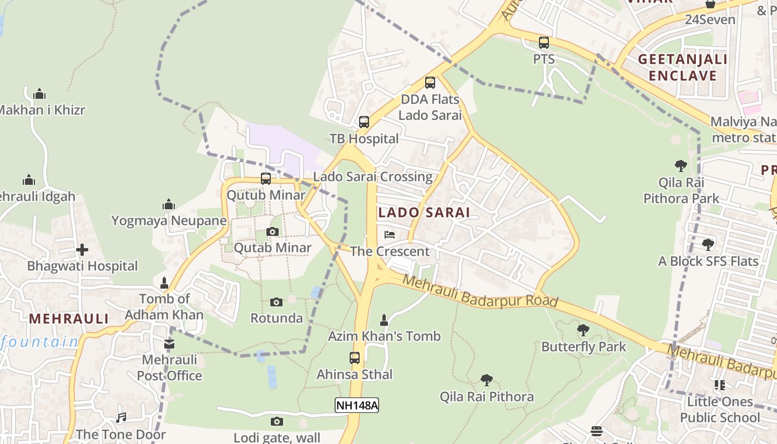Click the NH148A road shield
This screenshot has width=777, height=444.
tap(357, 405)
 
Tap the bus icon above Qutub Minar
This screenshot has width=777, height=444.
tap(266, 179)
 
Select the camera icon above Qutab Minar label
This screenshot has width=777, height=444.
tap(272, 231)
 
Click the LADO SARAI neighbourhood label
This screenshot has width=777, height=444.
tap(424, 212)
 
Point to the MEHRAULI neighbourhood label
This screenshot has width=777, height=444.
tap(69, 319)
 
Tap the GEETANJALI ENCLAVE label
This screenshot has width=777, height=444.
tap(682, 67)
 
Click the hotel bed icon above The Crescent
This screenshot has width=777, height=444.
tap(390, 235)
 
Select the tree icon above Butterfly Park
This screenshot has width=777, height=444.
tap(583, 330)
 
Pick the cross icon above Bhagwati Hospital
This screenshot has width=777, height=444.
tap(82, 250)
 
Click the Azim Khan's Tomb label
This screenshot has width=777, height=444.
tap(384, 336)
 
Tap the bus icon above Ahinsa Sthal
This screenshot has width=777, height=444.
tap(355, 358)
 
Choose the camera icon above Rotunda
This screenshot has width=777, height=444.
tap(276, 302)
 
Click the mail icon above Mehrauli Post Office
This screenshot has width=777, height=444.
tap(169, 344)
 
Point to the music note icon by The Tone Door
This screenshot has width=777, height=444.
tap(121, 418)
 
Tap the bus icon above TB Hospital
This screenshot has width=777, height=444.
tap(364, 122)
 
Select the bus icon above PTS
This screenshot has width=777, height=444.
tap(544, 42)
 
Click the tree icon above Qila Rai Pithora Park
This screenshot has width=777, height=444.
tap(680, 165)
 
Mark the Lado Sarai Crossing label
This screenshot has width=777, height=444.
tap(372, 176)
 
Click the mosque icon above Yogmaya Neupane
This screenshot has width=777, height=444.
tap(169, 205)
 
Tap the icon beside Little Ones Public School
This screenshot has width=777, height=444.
tap(720, 385)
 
